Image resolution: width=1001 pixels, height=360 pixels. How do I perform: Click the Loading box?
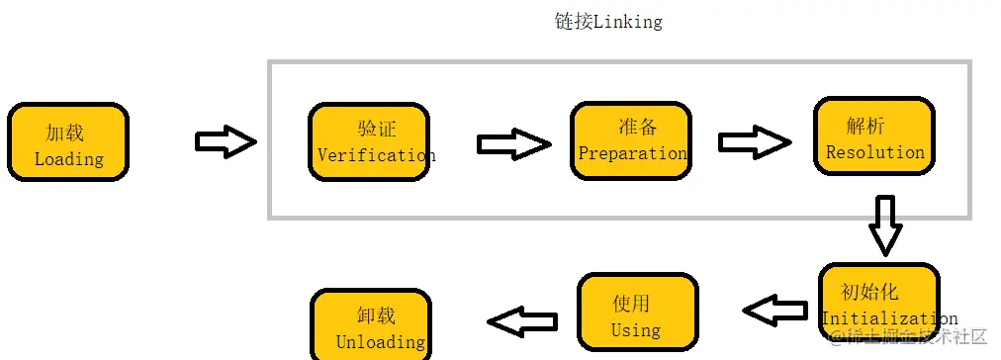click(x=68, y=142)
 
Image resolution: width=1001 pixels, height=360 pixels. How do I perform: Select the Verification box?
click(x=369, y=142)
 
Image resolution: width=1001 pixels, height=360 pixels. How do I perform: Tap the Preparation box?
click(x=631, y=140)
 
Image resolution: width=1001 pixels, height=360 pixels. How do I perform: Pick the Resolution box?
click(x=874, y=136)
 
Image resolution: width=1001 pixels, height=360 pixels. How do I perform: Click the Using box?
click(x=637, y=313)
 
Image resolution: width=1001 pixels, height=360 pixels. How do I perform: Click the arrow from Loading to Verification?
click(x=226, y=141)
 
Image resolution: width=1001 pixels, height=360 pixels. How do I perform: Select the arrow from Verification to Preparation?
click(x=513, y=144)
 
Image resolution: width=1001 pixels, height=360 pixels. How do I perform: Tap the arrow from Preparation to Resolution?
click(x=755, y=142)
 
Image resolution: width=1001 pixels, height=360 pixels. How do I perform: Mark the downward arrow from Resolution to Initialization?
click(x=885, y=225)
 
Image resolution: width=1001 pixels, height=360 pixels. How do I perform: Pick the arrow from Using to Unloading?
click(x=523, y=320)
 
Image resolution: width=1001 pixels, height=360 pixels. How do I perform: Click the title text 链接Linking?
click(x=608, y=22)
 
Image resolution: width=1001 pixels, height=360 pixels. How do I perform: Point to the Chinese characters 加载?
click(x=65, y=133)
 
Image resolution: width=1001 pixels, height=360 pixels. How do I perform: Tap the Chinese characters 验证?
click(x=376, y=130)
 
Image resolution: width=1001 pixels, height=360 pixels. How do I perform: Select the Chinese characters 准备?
click(x=638, y=127)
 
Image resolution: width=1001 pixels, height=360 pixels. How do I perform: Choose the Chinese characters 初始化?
click(x=869, y=292)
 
